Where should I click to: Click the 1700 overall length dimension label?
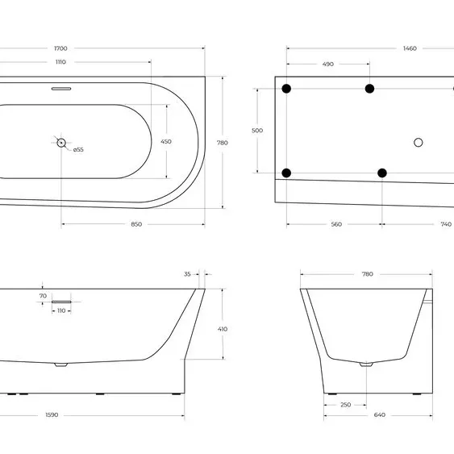point(60,48)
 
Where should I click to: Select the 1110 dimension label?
point(60,62)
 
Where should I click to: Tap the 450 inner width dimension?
point(166,142)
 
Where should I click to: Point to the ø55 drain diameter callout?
point(78,150)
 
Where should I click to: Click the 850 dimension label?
point(136,224)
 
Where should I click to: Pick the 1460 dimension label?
point(410,48)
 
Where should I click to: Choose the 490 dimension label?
point(328,64)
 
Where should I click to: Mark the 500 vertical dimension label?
point(257,131)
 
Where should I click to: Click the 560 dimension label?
point(336,224)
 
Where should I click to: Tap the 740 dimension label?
point(446,224)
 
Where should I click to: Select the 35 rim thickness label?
point(187,274)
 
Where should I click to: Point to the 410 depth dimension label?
point(223,329)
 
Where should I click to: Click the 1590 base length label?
point(52,415)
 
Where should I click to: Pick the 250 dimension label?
point(346,405)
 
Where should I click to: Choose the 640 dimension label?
point(379,415)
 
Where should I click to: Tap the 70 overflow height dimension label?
point(43,296)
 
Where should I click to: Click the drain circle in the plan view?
point(61,143)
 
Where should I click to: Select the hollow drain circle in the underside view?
point(418,143)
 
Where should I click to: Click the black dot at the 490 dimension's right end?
point(369,89)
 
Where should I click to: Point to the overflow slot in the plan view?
point(61,89)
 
